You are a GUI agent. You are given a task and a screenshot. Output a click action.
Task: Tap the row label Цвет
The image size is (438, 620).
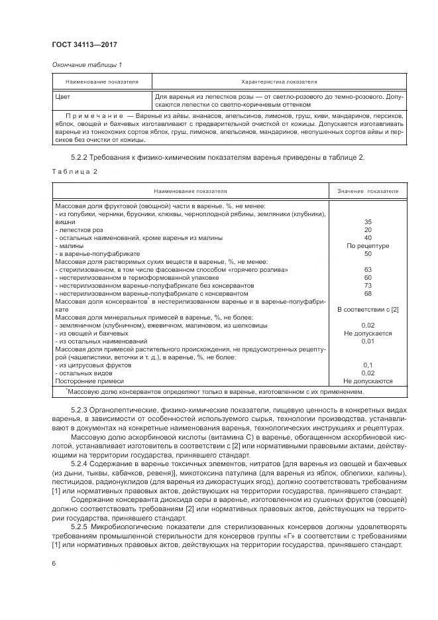(x=64, y=97)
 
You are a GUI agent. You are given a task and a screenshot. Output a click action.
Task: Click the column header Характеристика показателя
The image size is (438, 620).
(x=278, y=82)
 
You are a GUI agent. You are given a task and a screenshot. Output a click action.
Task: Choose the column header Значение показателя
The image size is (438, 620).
(x=368, y=191)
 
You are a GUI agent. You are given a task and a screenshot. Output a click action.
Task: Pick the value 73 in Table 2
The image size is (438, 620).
(x=368, y=285)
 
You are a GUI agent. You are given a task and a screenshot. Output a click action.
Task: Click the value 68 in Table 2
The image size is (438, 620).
(x=368, y=293)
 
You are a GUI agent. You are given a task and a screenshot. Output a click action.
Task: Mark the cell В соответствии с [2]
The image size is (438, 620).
(x=368, y=309)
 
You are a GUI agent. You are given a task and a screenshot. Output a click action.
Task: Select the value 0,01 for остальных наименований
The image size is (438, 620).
(x=368, y=341)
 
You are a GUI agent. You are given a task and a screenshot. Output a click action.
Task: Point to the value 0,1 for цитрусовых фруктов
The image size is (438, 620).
(x=368, y=365)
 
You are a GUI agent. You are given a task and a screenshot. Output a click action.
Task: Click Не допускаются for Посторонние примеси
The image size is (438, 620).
(x=368, y=381)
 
